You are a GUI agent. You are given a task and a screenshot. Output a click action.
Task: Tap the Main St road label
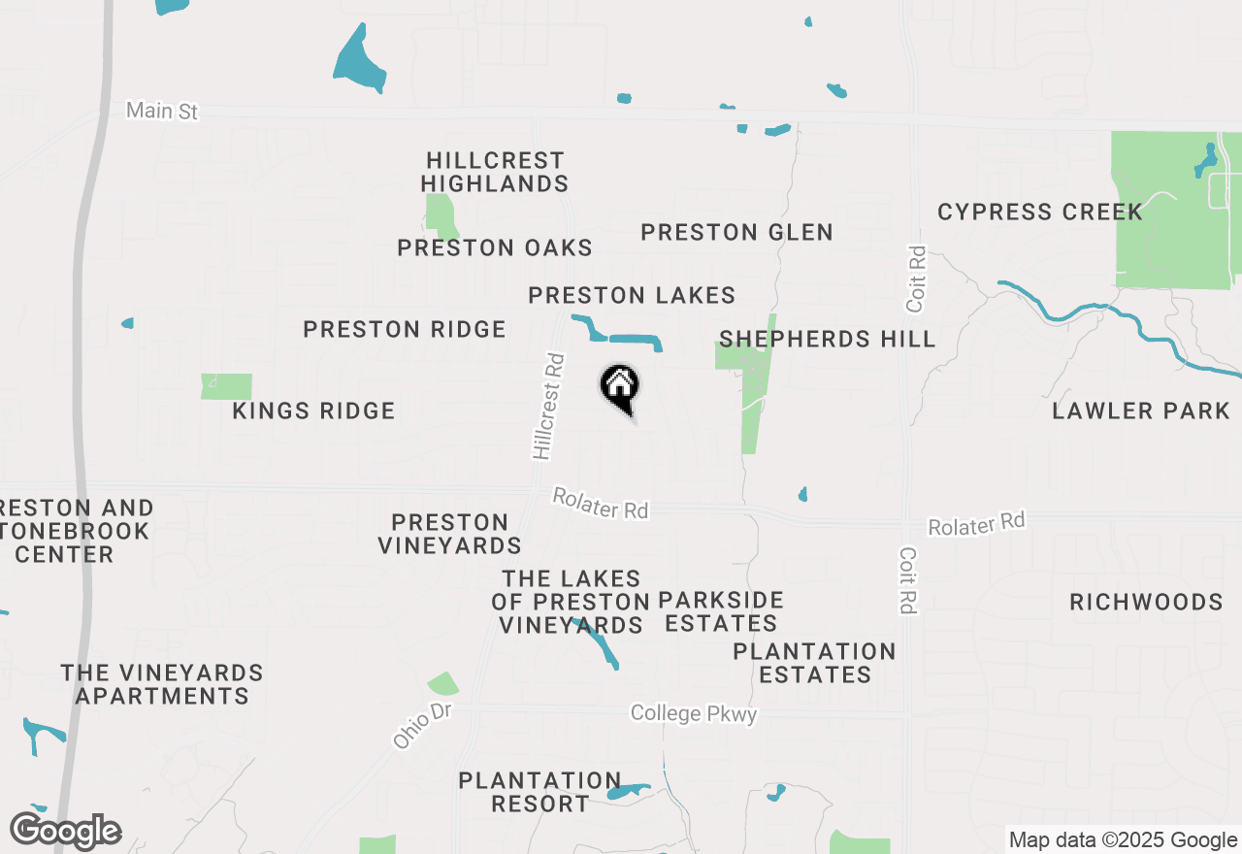pyautogui.click(x=162, y=111)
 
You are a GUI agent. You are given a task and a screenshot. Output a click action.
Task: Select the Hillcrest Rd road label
pyautogui.click(x=548, y=406)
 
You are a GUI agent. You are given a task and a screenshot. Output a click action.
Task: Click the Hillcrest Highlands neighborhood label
pyautogui.click(x=495, y=172)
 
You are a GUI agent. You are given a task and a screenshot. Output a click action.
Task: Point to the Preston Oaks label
pyautogui.click(x=495, y=248)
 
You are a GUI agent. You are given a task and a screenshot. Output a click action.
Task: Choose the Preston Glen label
pyautogui.click(x=737, y=233)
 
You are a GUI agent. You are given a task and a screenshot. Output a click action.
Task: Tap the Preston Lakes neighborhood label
pyautogui.click(x=632, y=296)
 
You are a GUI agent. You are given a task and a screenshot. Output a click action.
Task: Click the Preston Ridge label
pyautogui.click(x=405, y=330)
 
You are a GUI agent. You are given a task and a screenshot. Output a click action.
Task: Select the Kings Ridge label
pyautogui.click(x=314, y=411)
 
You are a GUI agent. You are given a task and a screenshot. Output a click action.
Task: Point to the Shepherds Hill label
pyautogui.click(x=828, y=340)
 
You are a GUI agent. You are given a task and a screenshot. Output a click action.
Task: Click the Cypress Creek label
pyautogui.click(x=1040, y=213)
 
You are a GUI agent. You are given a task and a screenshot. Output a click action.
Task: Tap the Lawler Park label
pyautogui.click(x=1141, y=411)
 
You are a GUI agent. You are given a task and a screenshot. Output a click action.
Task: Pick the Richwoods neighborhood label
pyautogui.click(x=1146, y=603)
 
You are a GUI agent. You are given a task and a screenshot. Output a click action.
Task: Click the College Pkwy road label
pyautogui.click(x=693, y=714)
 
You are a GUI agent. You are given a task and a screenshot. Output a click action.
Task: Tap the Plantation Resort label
pyautogui.click(x=539, y=792)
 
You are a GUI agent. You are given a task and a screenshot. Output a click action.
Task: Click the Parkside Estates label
pyautogui.click(x=721, y=611)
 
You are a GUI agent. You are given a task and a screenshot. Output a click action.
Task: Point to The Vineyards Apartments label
pyautogui.click(x=162, y=684)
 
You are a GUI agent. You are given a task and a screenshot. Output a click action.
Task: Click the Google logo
pyautogui.click(x=66, y=832)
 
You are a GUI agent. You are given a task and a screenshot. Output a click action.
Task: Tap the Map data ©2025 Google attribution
pyautogui.click(x=1124, y=840)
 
